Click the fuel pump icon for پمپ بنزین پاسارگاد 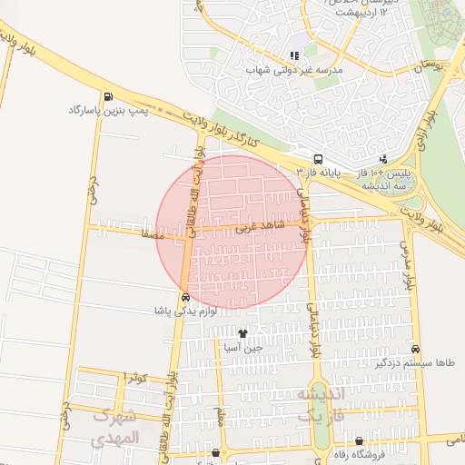(x=109, y=96)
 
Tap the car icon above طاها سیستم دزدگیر (x=415, y=350)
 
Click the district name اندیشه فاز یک (x=322, y=405)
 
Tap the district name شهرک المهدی (x=116, y=428)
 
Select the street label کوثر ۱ (x=134, y=377)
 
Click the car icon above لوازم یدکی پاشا (x=185, y=296)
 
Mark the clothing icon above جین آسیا (x=242, y=333)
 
